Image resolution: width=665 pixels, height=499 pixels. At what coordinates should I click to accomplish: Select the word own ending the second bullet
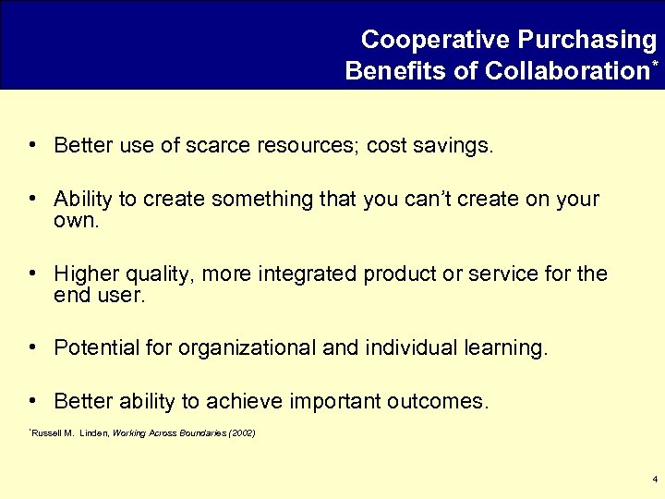coord(74,222)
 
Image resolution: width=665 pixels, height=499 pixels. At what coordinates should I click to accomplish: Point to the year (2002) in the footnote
coord(241,432)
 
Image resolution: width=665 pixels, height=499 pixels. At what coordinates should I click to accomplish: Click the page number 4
coord(654,480)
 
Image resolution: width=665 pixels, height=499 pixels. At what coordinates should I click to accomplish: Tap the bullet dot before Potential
coord(32,347)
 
